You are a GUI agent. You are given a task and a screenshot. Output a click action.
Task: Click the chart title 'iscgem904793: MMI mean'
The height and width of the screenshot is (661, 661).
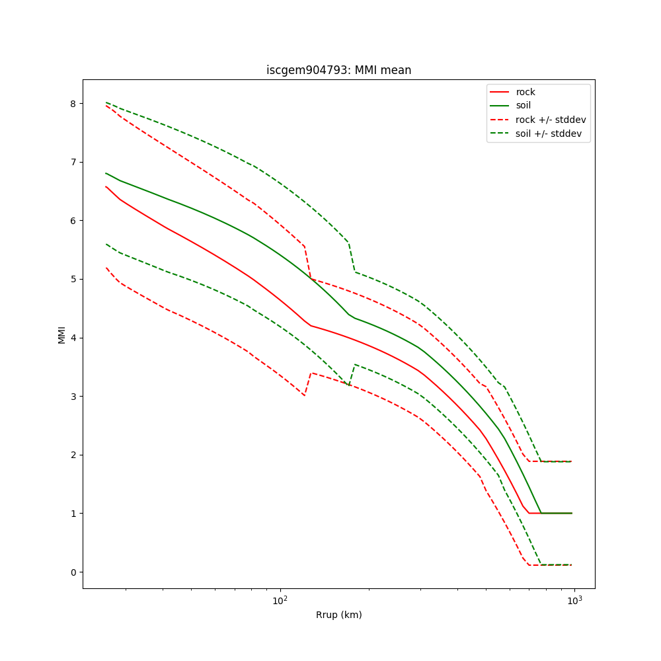pos(338,70)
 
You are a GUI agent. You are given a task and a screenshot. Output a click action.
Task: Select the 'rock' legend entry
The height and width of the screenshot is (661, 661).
pos(525,92)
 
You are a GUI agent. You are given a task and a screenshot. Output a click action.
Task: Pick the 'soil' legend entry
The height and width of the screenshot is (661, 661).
pos(523,106)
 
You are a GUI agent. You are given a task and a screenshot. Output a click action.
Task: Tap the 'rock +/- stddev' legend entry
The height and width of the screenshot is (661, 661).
pos(551,120)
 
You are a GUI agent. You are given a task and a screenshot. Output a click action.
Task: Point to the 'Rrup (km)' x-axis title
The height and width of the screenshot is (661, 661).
pos(338,615)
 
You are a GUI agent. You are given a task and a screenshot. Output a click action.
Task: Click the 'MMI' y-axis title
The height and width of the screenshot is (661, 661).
pos(61,334)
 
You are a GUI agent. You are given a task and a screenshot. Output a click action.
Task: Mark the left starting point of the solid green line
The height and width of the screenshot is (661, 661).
pos(106,173)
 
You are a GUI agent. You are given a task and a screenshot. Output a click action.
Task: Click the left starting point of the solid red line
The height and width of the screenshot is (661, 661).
pos(106,186)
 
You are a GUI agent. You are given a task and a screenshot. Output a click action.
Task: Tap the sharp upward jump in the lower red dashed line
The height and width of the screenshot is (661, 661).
pos(308,384)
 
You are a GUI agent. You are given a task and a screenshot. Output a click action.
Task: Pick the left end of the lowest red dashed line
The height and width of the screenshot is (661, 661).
pos(106,268)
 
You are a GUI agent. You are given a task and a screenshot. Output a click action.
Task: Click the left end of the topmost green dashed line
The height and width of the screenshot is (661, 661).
pos(106,102)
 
